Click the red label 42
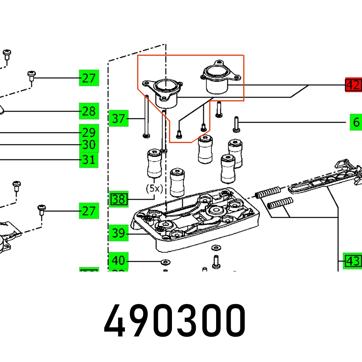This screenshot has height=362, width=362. (x=353, y=85)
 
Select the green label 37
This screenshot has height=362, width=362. (x=119, y=118)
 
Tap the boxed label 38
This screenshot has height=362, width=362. (x=119, y=199)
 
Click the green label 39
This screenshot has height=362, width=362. (x=119, y=233)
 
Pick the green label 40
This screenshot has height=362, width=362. (x=119, y=261)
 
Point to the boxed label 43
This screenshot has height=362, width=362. (x=353, y=261)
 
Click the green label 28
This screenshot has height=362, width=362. (x=89, y=111)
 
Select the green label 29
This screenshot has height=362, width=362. (x=89, y=132)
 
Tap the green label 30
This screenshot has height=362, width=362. (x=89, y=146)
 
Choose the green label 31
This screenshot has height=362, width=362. (x=89, y=160)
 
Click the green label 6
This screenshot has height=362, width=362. (x=356, y=123)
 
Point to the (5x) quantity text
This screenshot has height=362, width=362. (x=155, y=189)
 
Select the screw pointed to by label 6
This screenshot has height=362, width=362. (x=236, y=124)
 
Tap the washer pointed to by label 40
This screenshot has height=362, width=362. (x=165, y=261)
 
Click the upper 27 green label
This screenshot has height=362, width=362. (x=89, y=78)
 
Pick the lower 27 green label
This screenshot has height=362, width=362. (x=89, y=211)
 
